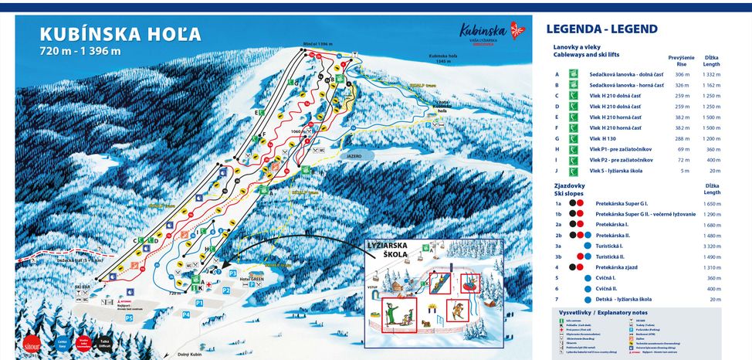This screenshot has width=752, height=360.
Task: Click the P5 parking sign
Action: click(x=129, y=318)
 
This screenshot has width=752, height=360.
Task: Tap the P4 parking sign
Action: click(x=186, y=315)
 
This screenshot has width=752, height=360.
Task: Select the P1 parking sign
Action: click(x=198, y=303)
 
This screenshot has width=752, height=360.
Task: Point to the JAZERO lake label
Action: click(x=354, y=155)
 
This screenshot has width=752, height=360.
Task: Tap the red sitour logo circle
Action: click(x=32, y=342)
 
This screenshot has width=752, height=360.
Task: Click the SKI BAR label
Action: click(x=83, y=287)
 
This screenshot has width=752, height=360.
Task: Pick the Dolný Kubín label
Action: click(x=189, y=354)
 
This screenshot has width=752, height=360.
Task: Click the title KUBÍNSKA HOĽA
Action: click(x=120, y=35)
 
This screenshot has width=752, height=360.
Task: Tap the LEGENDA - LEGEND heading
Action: click(x=601, y=29)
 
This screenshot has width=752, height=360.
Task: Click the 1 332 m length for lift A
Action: click(x=711, y=75)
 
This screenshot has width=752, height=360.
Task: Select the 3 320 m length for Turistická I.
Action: click(x=711, y=246)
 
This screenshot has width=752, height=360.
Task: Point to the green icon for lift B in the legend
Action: click(x=574, y=85)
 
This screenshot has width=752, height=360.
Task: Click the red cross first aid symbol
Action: click(x=208, y=284)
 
